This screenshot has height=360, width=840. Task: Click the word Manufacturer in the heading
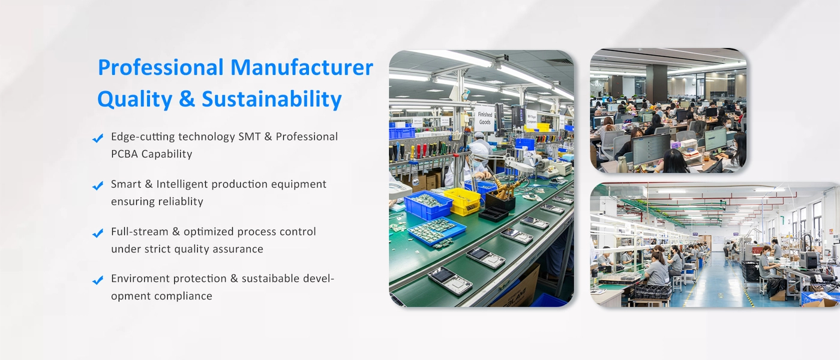(x=301, y=67)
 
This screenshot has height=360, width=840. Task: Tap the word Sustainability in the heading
(x=272, y=100)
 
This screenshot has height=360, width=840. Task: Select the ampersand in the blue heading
(x=187, y=100)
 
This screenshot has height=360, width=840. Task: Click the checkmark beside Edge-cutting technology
(x=98, y=139)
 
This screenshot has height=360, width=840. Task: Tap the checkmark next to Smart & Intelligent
(x=98, y=185)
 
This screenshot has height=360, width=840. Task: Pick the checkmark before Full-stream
(x=98, y=233)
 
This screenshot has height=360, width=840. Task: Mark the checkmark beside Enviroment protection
(x=98, y=280)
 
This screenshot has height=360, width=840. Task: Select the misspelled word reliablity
(x=181, y=202)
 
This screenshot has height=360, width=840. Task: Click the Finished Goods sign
(x=485, y=119)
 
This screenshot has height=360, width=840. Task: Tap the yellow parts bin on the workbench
(x=462, y=201)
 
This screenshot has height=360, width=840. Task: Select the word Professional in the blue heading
(x=161, y=67)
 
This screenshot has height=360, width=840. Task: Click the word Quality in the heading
(x=135, y=100)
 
